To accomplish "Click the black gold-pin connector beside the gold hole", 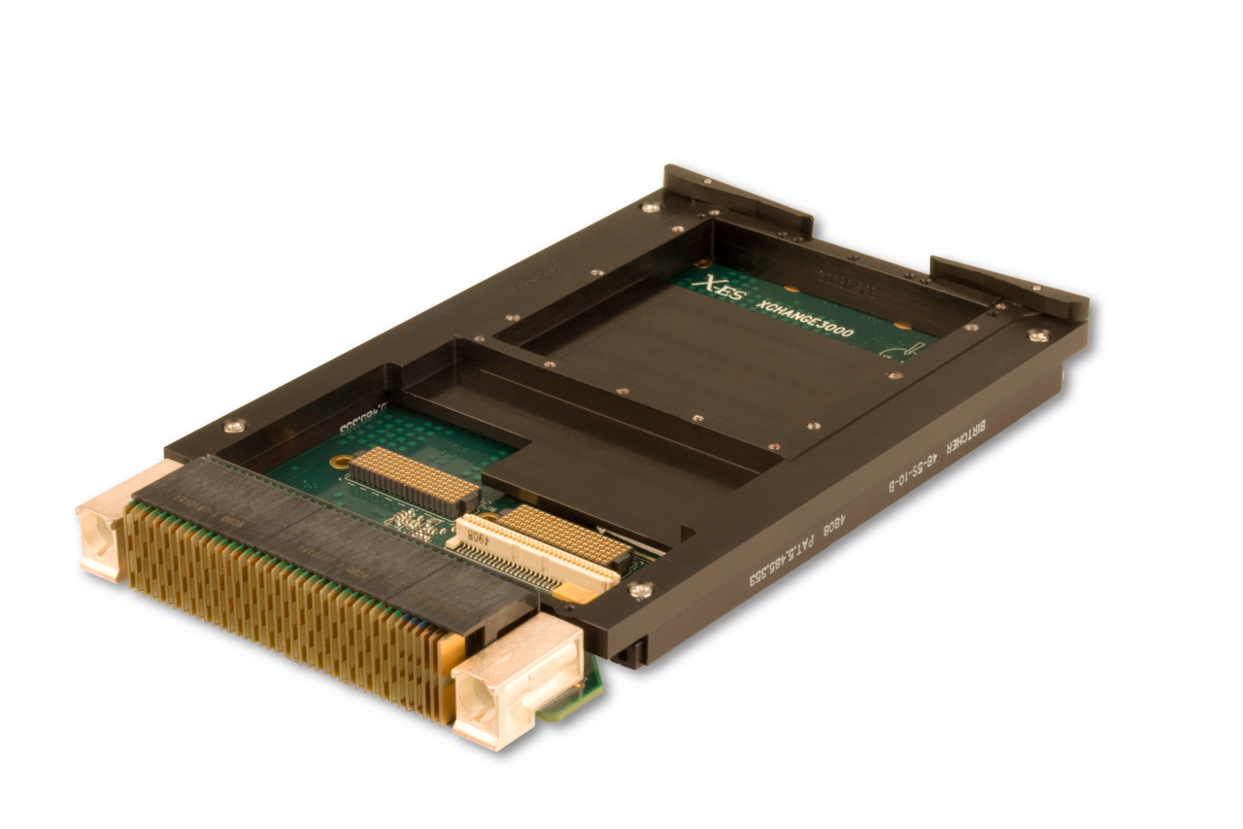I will [414, 480].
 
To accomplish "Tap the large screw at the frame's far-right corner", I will [1037, 335].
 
